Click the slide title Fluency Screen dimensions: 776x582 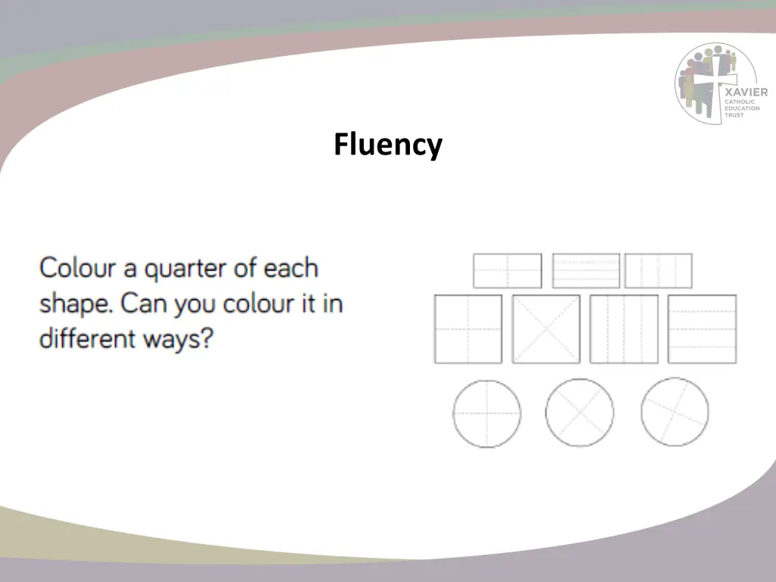tap(387, 144)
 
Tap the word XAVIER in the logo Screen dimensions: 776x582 tap(746, 92)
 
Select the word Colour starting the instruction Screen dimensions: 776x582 tap(77, 268)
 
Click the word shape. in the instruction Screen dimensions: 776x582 tap(76, 305)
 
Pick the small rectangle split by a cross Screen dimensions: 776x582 tap(507, 271)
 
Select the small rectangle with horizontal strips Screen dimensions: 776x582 tap(586, 271)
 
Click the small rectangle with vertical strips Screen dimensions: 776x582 tap(658, 271)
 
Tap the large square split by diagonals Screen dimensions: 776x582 tap(546, 329)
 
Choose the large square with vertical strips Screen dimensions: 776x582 tap(623, 329)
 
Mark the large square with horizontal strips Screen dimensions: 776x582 tap(702, 329)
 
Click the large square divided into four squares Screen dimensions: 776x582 tap(468, 329)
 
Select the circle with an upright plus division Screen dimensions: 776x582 tap(487, 414)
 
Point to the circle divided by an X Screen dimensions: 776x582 tap(579, 413)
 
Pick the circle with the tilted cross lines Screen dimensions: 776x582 tap(674, 411)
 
